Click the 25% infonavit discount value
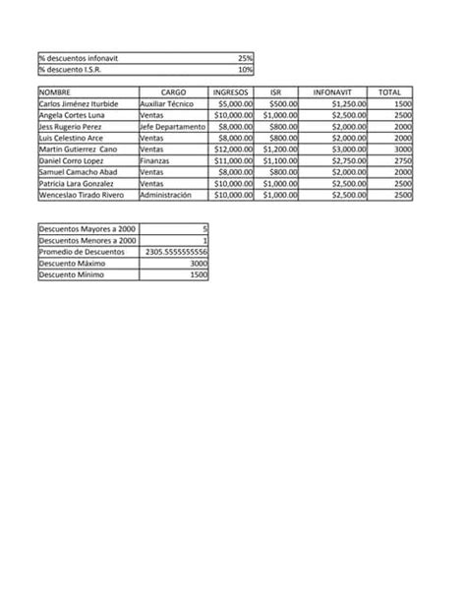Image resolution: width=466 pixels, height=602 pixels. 245,58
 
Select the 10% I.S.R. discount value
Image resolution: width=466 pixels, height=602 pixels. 245,70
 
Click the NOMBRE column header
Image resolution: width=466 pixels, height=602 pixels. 55,91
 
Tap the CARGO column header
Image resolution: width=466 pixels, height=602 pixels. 173,91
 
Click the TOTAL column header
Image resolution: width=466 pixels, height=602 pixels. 389,91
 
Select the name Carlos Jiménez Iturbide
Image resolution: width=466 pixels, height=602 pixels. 79,103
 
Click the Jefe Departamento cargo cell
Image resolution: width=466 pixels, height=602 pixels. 172,126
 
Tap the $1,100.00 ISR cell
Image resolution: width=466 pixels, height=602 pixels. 275,160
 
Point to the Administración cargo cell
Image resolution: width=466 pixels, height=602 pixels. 172,195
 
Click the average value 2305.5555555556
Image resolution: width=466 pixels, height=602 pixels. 176,252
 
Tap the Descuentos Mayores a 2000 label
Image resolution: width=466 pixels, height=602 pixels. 87,229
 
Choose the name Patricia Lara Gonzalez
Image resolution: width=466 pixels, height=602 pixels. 79,183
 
